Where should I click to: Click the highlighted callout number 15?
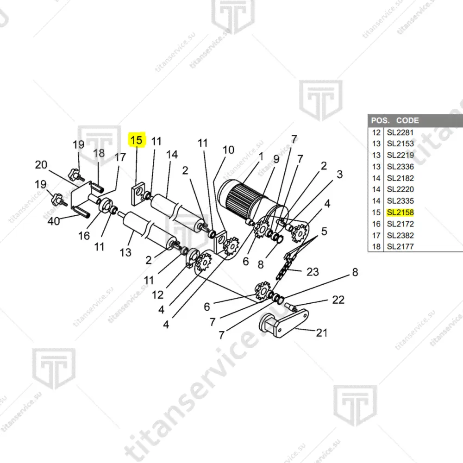(137, 140)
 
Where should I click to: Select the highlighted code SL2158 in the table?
(400, 213)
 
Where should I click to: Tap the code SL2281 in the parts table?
(400, 132)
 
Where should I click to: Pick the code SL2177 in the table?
(400, 246)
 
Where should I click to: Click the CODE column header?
(407, 120)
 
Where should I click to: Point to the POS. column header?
(380, 120)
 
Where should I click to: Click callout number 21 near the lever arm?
(322, 332)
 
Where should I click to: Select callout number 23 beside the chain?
(313, 272)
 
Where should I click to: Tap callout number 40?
(54, 221)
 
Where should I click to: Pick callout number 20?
(41, 164)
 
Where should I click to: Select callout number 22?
(338, 300)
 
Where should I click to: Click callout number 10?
(228, 150)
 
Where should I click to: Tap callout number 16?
(84, 236)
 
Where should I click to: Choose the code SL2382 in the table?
(400, 235)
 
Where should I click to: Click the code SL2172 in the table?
(400, 224)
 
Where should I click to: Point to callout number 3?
(339, 175)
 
